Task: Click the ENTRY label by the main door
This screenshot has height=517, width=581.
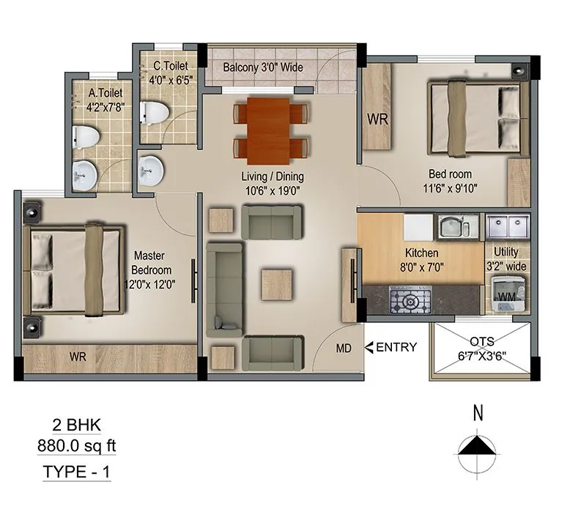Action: [396, 347]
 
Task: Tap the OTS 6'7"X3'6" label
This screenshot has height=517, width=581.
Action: [482, 349]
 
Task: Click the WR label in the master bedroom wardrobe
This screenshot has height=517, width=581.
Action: [80, 357]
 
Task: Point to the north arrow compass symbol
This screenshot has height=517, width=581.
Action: [478, 446]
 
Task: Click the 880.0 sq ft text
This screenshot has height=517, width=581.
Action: [77, 445]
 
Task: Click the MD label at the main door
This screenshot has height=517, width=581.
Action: [343, 349]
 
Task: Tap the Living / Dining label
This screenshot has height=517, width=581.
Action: [273, 183]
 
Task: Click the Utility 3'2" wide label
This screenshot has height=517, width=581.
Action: [506, 259]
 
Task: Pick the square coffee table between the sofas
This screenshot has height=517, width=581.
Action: [278, 283]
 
